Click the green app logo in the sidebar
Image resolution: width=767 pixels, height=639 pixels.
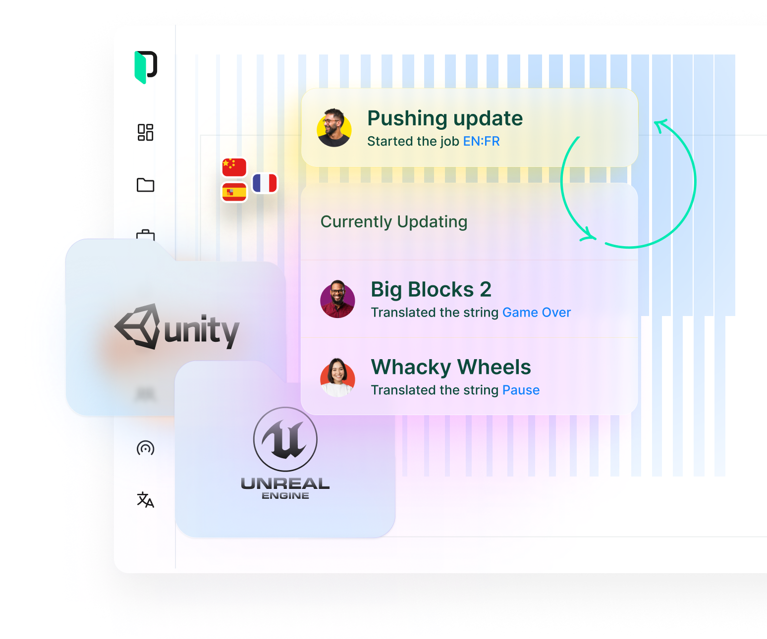coord(146,67)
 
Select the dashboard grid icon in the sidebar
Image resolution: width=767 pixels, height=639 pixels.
coord(146,132)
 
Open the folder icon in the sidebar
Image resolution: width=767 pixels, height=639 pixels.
coord(146,185)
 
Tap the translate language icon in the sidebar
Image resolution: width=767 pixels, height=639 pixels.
coord(146,500)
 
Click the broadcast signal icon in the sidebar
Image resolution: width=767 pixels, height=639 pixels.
coord(146,448)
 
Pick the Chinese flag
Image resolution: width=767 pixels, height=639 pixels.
coord(234,167)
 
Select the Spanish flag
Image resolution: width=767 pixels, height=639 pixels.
coord(234,192)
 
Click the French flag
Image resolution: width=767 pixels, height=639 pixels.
coord(265,183)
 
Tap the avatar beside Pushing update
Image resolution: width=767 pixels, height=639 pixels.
coord(334,128)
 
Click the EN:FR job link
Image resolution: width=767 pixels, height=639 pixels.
coord(481,142)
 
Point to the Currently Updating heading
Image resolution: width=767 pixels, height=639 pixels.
coord(394,222)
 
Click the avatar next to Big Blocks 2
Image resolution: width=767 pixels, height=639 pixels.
coord(337,299)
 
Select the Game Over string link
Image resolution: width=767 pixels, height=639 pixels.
coord(536,313)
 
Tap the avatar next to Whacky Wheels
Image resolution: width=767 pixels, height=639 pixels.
coord(337,377)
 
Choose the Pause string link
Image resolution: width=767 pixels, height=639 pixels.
coord(521,390)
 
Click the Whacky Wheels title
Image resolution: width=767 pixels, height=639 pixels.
coord(451,367)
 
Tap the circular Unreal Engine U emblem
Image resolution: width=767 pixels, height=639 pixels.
coord(285,439)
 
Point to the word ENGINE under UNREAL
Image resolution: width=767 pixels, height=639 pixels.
coord(285,496)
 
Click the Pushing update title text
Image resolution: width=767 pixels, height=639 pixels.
coord(445,118)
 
